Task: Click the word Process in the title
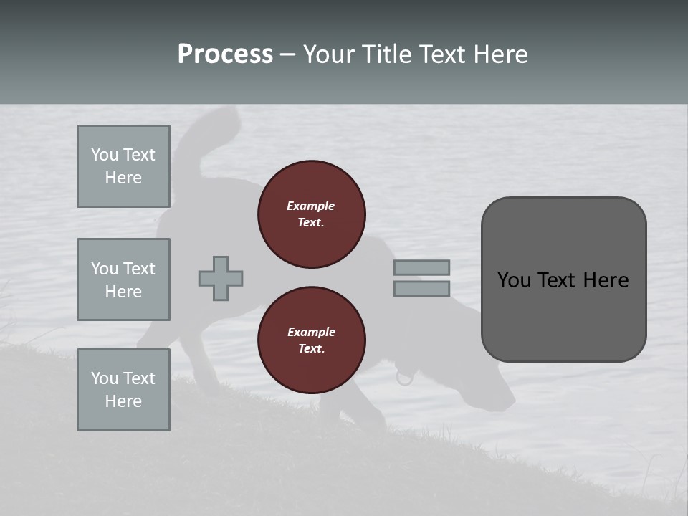(x=225, y=54)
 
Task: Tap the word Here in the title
(x=497, y=54)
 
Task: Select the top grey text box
(x=123, y=166)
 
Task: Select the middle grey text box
(x=123, y=279)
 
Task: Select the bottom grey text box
(x=123, y=390)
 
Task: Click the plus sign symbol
(x=221, y=278)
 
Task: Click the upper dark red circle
(x=311, y=214)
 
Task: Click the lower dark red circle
(x=311, y=340)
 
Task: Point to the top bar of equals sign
(x=421, y=267)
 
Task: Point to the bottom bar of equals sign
(x=421, y=288)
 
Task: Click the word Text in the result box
(x=564, y=280)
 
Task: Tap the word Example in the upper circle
(x=311, y=206)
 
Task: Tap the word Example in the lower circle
(x=311, y=332)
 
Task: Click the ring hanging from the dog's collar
(x=405, y=377)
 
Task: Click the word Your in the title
(x=330, y=54)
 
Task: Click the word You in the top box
(x=105, y=155)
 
